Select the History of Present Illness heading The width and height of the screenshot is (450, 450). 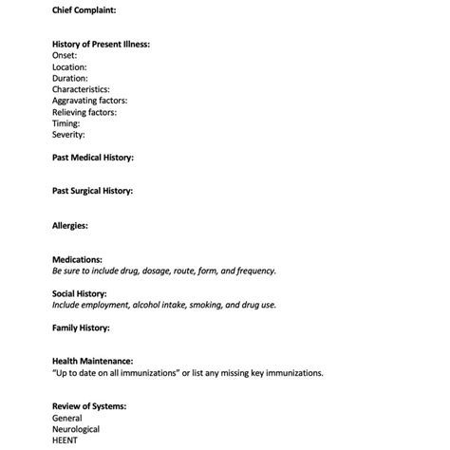click(x=101, y=44)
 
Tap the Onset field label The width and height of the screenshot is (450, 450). click(x=65, y=55)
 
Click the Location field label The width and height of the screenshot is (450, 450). click(x=69, y=66)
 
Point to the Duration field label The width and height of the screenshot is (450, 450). click(x=70, y=78)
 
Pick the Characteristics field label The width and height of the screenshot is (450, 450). click(x=82, y=89)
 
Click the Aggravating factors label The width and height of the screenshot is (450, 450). click(x=89, y=101)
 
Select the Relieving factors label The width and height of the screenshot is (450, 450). click(x=84, y=112)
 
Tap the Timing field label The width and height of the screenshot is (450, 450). click(x=66, y=123)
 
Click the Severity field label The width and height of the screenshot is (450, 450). click(x=68, y=135)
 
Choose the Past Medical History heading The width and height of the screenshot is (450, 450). click(x=93, y=158)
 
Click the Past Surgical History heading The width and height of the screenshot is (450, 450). click(x=93, y=191)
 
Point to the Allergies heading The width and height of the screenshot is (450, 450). click(x=70, y=225)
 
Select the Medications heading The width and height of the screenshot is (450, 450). click(x=77, y=259)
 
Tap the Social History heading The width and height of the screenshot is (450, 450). click(x=80, y=293)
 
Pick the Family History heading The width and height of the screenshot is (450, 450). click(x=81, y=328)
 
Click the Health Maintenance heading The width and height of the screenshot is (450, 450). click(x=92, y=362)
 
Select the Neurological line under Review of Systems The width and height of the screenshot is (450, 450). click(x=76, y=429)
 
